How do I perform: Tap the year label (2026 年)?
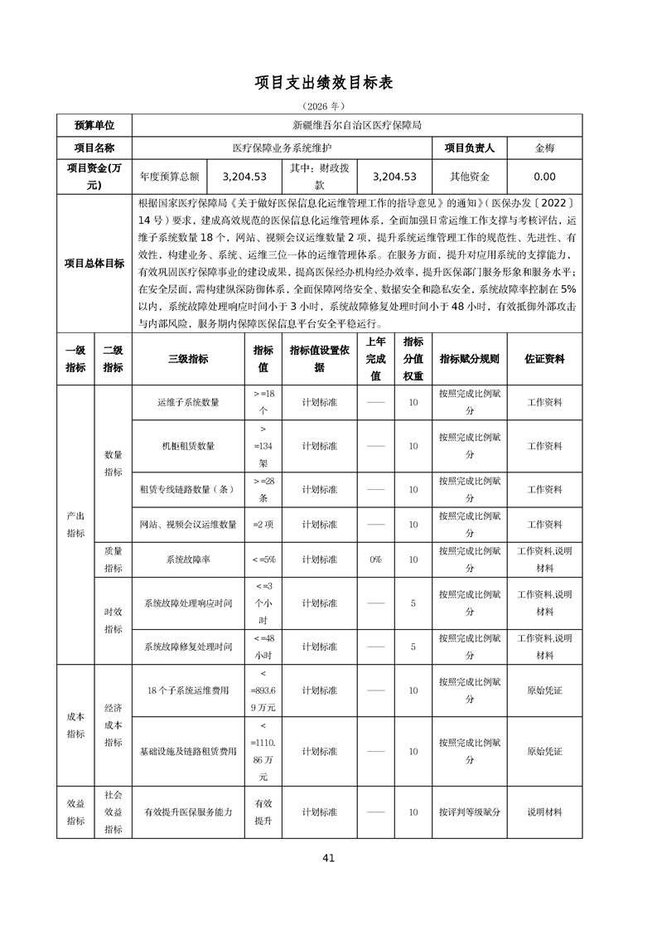pyautogui.click(x=328, y=106)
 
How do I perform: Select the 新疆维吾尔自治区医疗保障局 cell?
pyautogui.click(x=357, y=125)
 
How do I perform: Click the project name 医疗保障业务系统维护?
pyautogui.click(x=283, y=148)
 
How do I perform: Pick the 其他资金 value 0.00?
pyautogui.click(x=544, y=177)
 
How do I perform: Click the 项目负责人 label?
pyautogui.click(x=470, y=148)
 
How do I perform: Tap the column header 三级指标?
pyautogui.click(x=188, y=359)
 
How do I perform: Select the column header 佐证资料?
pyautogui.click(x=544, y=359)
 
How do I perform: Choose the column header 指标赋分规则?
pyautogui.click(x=470, y=359)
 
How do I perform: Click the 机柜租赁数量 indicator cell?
pyautogui.click(x=188, y=446)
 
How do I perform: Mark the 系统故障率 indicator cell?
pyautogui.click(x=188, y=559)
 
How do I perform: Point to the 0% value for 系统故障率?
pyautogui.click(x=375, y=559)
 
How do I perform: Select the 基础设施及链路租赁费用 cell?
pyautogui.click(x=188, y=751)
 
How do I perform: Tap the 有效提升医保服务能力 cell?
pyautogui.click(x=188, y=812)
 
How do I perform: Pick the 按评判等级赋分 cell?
pyautogui.click(x=470, y=812)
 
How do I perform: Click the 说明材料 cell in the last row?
pyautogui.click(x=544, y=812)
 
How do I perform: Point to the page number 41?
pyautogui.click(x=328, y=858)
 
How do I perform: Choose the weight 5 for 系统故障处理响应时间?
pyautogui.click(x=413, y=603)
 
